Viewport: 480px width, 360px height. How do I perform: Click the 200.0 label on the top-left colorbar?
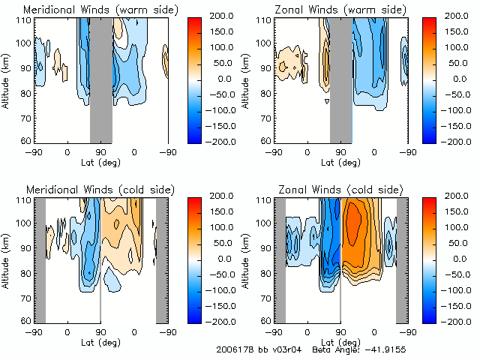coord(220,16)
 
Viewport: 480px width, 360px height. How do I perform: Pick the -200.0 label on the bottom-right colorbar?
coord(459,320)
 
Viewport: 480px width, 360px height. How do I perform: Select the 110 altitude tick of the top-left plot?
coord(25,19)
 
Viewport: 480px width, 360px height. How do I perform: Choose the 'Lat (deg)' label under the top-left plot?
coord(101,161)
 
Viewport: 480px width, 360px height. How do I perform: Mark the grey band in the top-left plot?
coord(101,79)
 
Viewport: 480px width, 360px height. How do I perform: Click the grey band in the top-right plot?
coord(341,79)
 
